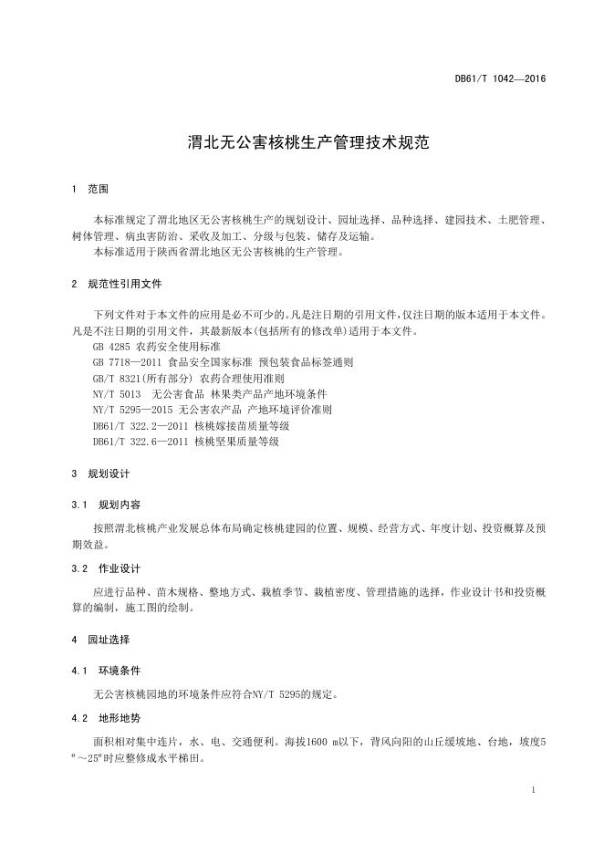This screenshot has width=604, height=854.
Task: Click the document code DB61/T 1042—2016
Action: click(500, 78)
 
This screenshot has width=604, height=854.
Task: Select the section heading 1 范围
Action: click(89, 189)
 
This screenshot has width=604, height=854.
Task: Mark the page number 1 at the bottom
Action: click(532, 787)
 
